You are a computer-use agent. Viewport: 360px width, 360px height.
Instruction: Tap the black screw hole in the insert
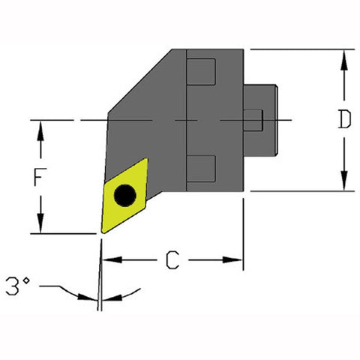124,196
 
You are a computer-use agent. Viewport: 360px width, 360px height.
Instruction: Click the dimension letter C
172,261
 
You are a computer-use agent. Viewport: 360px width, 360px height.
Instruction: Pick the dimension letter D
343,121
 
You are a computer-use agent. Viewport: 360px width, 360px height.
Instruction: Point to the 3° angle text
16,286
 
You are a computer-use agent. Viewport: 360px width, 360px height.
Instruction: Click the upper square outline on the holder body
201,73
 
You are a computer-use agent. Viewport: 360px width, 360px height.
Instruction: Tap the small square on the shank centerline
255,120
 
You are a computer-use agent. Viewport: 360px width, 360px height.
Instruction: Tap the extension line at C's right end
243,232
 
